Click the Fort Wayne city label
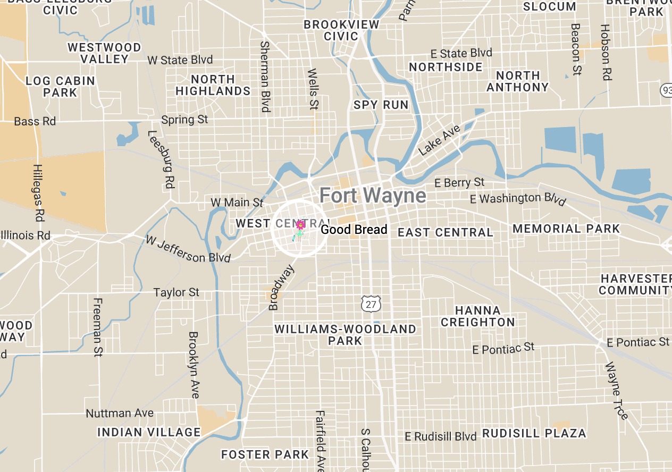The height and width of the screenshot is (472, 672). coord(372,196)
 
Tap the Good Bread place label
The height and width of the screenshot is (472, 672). coord(354,230)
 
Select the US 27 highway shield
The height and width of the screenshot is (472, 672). coord(371,304)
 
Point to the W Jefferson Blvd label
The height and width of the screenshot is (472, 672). coord(188,249)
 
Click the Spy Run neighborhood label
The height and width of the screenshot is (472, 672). coord(381,105)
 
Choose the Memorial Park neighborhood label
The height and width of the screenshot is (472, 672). coord(566,229)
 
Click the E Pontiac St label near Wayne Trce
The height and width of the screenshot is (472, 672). coord(638,342)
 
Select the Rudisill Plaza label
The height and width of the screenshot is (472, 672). coord(534,433)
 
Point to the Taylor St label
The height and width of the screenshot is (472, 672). coord(177,292)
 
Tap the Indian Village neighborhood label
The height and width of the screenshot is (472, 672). coord(149,432)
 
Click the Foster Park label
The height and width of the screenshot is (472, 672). coord(265,454)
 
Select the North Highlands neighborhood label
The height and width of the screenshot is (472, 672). coord(213,85)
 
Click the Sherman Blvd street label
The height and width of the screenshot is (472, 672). coord(265,77)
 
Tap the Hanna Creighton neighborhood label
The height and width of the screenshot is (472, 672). coord(477,316)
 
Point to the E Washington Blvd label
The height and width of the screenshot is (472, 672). coord(518,199)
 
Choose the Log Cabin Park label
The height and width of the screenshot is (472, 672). coord(61,87)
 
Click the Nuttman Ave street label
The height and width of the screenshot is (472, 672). coord(120,413)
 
